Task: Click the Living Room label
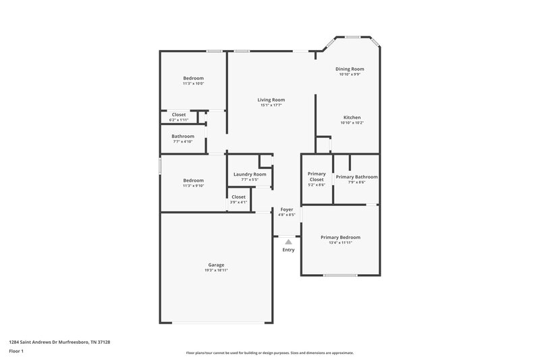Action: [271, 99]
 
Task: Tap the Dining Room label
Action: [350, 69]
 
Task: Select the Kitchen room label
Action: [351, 118]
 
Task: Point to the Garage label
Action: [216, 265]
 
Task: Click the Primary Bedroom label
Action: [340, 237]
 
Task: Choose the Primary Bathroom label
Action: [356, 177]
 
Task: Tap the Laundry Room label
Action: [250, 174]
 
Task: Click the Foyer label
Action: [287, 209]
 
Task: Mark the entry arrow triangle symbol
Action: [288, 241]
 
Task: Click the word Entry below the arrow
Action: [288, 250]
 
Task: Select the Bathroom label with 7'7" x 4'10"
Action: [182, 136]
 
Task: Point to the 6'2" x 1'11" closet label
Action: [179, 120]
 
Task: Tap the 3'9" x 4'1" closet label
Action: [238, 202]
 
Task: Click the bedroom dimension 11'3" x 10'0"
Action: [193, 84]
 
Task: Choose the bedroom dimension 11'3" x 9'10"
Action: [193, 186]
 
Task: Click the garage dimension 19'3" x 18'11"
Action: [216, 270]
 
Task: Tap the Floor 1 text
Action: [17, 352]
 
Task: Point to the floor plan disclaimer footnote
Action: [270, 353]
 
